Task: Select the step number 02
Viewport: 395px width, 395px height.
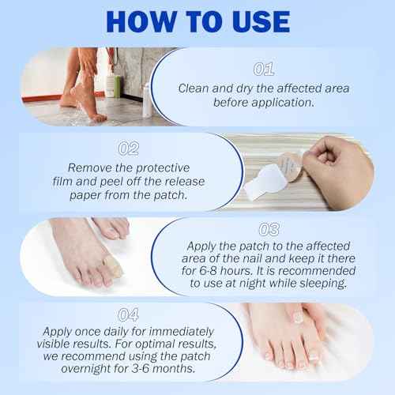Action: click(129, 148)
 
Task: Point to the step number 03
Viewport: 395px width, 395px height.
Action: click(269, 230)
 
